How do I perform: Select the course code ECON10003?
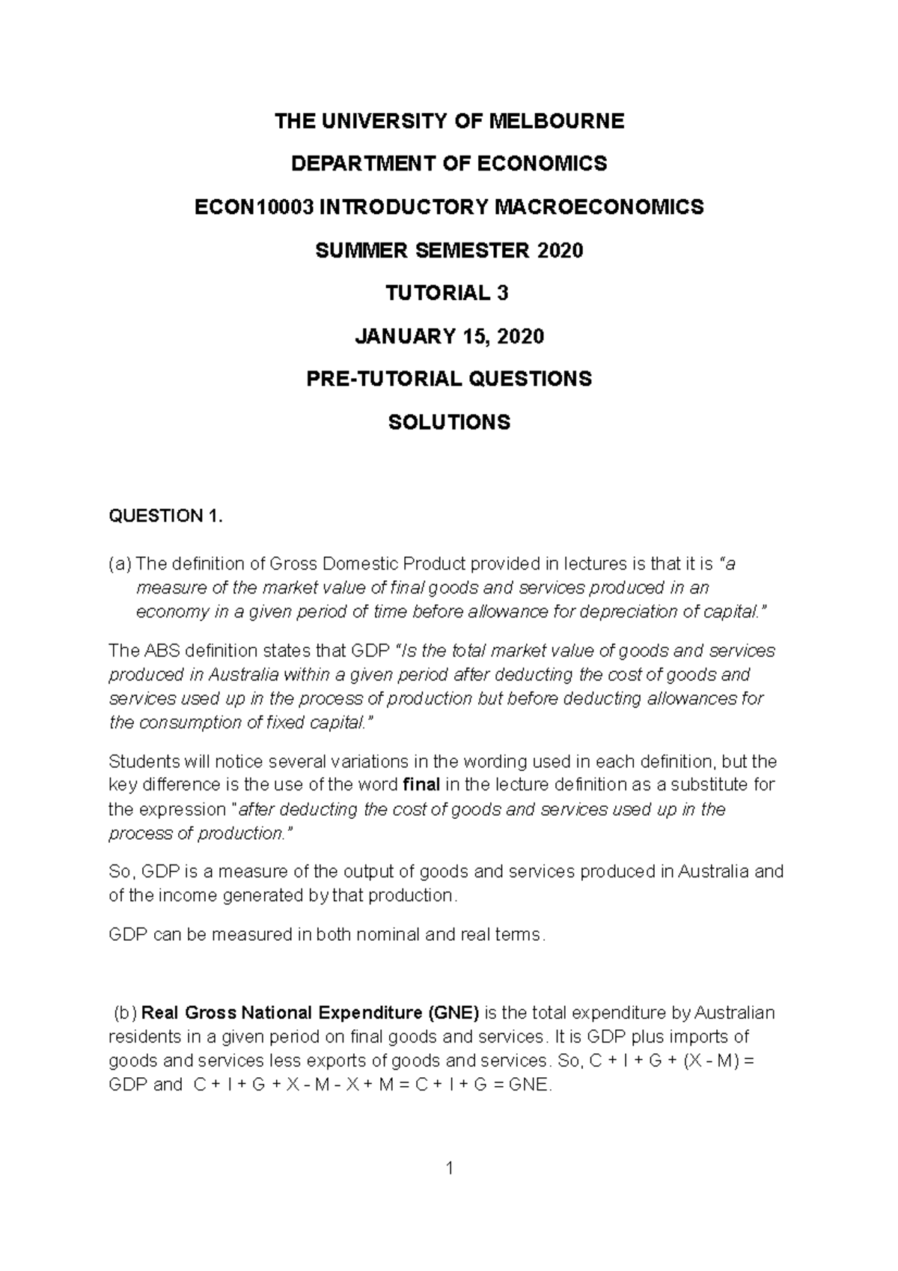point(254,207)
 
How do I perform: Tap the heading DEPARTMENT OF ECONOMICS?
point(449,164)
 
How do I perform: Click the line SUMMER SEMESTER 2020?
point(449,250)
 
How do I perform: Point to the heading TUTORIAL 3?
point(447,293)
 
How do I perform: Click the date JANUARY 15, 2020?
point(449,336)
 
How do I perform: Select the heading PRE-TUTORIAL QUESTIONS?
point(449,379)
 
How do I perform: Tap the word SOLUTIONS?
point(449,422)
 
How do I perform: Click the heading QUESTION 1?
point(165,516)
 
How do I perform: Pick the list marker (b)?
point(125,1013)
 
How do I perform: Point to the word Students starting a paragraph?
point(144,761)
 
